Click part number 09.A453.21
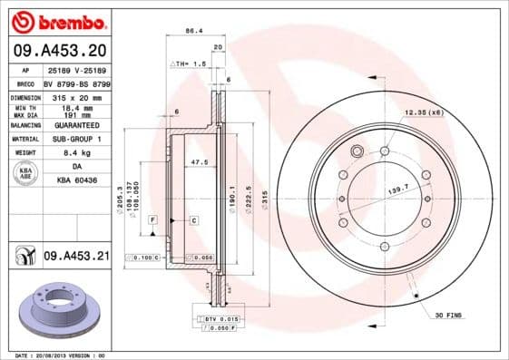pos(75,258)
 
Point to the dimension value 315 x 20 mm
pos(75,96)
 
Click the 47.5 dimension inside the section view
pos(200,163)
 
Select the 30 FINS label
pos(448,315)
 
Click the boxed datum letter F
pos(154,220)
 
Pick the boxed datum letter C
pos(194,220)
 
